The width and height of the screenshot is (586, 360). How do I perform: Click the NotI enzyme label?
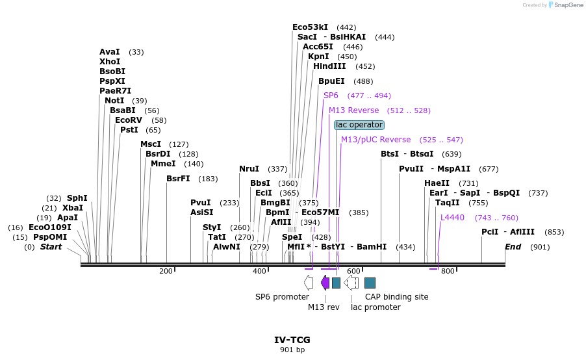click(114, 101)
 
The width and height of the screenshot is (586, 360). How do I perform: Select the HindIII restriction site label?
click(329, 66)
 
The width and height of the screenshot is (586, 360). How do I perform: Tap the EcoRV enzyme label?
click(128, 120)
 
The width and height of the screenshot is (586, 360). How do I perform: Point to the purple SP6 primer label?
click(331, 96)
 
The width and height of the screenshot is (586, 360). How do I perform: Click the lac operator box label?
click(359, 125)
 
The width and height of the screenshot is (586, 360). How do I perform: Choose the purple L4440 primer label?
click(452, 218)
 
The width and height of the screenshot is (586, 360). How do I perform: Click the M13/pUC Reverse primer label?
click(376, 140)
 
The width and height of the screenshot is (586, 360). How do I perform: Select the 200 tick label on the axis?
click(166, 270)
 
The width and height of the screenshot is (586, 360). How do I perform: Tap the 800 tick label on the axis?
click(447, 270)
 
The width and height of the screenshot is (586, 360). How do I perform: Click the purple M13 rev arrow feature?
click(325, 282)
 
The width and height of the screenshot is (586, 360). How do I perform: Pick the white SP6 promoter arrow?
click(309, 282)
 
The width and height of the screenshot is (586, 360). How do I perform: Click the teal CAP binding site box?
click(370, 283)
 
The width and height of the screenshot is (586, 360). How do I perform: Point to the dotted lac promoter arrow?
click(351, 282)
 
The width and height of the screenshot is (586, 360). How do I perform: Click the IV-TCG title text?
click(292, 340)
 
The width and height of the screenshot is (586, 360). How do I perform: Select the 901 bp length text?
click(292, 350)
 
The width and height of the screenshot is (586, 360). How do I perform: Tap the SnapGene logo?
click(565, 5)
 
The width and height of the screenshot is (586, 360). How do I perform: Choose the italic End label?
click(513, 247)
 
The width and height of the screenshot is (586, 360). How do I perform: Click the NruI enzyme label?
click(249, 169)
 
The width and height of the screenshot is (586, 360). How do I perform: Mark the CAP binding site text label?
click(396, 297)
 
